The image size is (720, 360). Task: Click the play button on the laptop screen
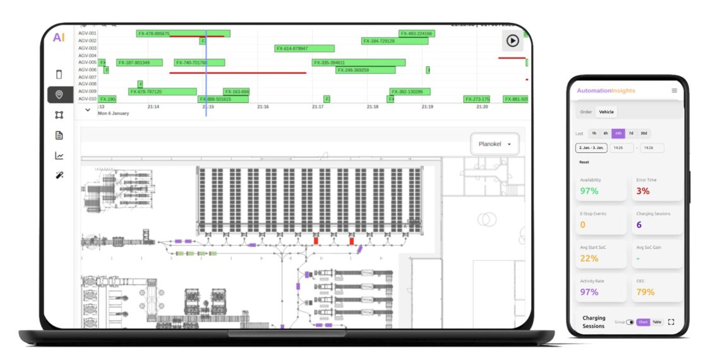(512, 40)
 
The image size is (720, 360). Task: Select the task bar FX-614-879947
(304, 48)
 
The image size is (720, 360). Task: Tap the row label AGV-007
(87, 77)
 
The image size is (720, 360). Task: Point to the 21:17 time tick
(318, 107)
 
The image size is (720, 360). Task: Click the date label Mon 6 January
(113, 114)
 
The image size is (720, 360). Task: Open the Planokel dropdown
(495, 144)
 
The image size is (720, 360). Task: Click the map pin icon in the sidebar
(59, 95)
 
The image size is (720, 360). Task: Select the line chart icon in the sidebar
(59, 155)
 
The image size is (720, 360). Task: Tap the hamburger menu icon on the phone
(674, 91)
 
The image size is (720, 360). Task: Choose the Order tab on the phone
(586, 112)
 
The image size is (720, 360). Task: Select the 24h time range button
(618, 133)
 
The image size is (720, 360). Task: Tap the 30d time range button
(644, 133)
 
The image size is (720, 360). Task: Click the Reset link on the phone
(584, 162)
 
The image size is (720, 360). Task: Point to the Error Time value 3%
(642, 191)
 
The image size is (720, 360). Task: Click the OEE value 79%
(645, 292)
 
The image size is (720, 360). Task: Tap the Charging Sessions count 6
(639, 225)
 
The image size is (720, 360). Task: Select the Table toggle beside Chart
(657, 322)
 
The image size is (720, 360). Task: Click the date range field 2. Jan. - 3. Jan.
(591, 148)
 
